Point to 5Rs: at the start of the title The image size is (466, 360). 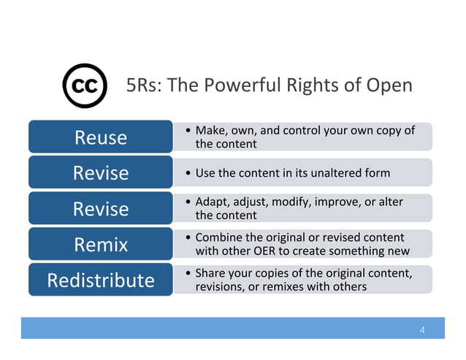coord(143,86)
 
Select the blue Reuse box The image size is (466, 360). coord(100,137)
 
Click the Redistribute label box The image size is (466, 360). coord(100,280)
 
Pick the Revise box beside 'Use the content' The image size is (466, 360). coord(100,173)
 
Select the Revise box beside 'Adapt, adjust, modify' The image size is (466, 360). coord(100,209)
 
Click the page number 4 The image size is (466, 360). coord(422,329)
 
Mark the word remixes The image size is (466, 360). coord(281,287)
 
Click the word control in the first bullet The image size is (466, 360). coord(303,131)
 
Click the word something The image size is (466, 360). coord(351,251)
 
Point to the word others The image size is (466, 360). coord(348,287)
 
